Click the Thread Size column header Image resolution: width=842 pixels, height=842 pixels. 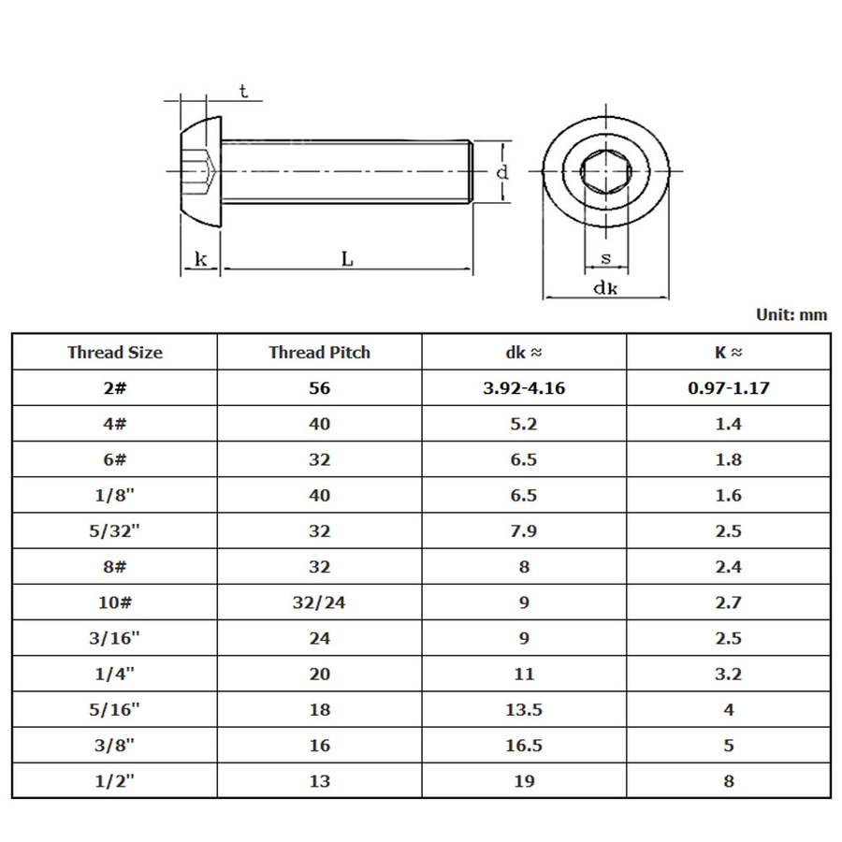115,353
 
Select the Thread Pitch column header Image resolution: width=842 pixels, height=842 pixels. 320,353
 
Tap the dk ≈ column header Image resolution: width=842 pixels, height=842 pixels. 524,353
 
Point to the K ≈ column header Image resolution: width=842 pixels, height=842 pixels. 728,353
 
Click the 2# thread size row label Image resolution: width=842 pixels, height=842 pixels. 115,387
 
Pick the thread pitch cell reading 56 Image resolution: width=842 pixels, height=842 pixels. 320,387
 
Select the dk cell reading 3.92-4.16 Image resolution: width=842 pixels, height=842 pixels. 524,387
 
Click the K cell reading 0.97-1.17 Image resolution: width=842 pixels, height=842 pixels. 728,387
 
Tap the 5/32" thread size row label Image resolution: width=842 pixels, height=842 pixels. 115,530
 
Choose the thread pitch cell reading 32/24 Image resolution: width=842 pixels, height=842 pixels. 320,602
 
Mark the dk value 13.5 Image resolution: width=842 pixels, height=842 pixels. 524,709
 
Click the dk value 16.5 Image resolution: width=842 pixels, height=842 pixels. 524,746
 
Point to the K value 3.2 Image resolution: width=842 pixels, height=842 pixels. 728,674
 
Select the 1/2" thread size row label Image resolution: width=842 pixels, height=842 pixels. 115,781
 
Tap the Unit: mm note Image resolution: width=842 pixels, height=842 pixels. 791,314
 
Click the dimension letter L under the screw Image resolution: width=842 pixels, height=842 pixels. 347,259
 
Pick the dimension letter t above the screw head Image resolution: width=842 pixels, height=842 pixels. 244,92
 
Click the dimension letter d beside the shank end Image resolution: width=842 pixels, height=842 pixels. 502,172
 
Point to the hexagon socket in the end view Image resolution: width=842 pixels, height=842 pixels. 605,171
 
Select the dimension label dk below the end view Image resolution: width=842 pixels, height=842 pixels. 605,288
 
